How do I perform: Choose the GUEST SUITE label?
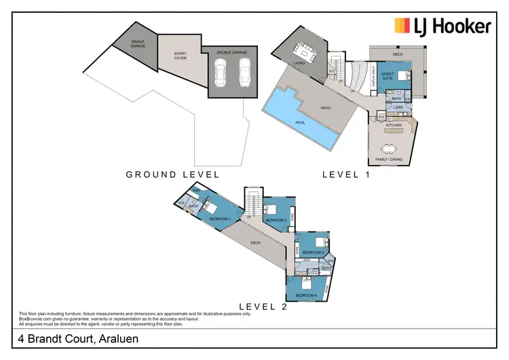click(387, 76)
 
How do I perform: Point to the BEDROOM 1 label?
click(219, 218)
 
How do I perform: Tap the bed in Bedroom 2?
click(274, 211)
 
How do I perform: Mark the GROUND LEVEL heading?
click(173, 175)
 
